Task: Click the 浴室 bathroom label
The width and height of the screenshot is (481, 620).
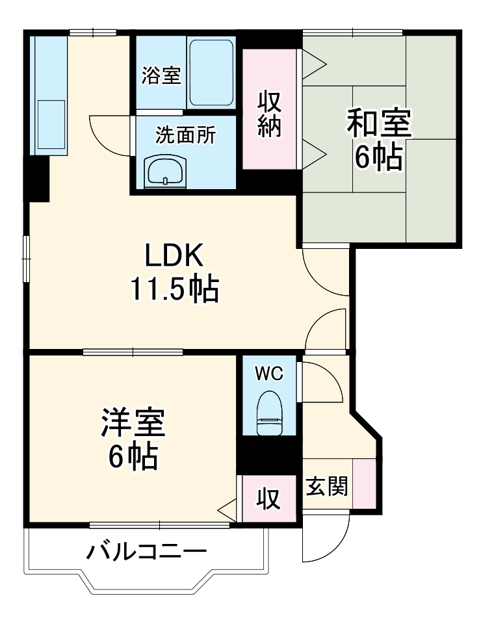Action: (161, 76)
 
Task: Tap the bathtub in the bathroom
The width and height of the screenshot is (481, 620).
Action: (211, 73)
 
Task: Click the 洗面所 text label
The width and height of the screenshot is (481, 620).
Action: (185, 135)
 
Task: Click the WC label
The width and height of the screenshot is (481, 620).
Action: (268, 374)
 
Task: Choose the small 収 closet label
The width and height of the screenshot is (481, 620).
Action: (267, 499)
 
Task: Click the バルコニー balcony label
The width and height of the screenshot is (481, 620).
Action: (147, 552)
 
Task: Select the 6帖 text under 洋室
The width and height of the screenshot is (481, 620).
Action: (133, 458)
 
